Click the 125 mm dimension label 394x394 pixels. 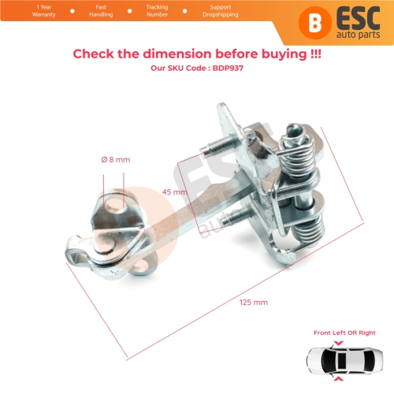point(254,303)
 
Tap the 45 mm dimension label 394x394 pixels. point(175,192)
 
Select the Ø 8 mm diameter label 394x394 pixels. point(116,159)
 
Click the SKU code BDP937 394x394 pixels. point(228,68)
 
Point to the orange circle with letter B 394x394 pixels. point(315,23)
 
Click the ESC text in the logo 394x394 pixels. point(358,18)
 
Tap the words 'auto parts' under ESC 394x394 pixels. point(359,35)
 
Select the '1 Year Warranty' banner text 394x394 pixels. point(44,11)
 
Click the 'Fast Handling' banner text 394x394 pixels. point(101,11)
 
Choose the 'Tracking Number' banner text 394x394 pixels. point(157,11)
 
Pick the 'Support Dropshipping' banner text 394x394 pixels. point(221,11)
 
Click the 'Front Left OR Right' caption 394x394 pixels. point(344,333)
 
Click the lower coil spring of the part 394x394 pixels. point(308,230)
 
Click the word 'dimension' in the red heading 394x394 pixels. point(177,54)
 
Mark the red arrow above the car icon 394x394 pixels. point(339,343)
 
